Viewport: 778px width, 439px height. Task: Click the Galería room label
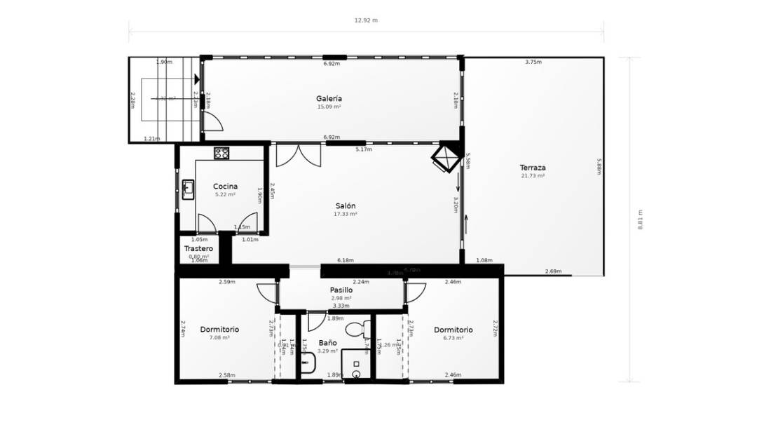(x=329, y=99)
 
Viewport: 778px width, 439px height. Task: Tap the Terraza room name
(x=533, y=168)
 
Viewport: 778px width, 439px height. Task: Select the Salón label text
(x=346, y=205)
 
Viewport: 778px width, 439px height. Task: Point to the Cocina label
(x=225, y=187)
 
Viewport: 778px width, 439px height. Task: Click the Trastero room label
(x=198, y=249)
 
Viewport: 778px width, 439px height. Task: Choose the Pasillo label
(x=341, y=290)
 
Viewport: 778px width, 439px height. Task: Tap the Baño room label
(x=327, y=343)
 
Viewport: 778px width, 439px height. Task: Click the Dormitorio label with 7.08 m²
(x=219, y=330)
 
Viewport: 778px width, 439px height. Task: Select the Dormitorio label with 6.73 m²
(x=453, y=330)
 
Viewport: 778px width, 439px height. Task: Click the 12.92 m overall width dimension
(x=366, y=20)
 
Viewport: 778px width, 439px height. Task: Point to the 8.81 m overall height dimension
(x=640, y=219)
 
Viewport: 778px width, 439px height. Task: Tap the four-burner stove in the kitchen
(x=221, y=153)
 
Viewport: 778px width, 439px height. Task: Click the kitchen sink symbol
(x=188, y=189)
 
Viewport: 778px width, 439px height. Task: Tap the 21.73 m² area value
(x=533, y=176)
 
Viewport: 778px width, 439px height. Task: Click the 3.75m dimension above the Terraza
(x=533, y=62)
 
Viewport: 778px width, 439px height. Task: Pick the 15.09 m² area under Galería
(x=329, y=107)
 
